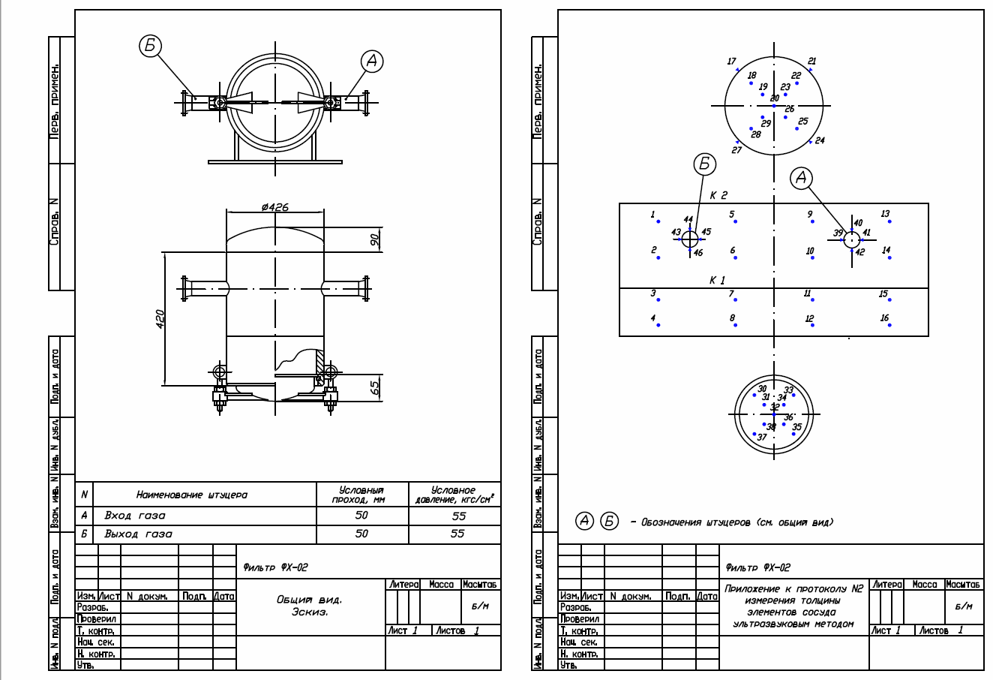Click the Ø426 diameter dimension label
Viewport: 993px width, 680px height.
275,207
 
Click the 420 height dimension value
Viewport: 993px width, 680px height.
160,318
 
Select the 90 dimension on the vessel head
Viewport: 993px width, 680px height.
374,239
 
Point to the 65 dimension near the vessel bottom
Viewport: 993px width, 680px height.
374,387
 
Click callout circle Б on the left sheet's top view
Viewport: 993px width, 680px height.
150,46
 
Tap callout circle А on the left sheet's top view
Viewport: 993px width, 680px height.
372,62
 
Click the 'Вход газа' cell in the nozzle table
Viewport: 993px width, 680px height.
135,516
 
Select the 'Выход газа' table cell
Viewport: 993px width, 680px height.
138,534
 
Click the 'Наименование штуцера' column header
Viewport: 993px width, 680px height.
191,495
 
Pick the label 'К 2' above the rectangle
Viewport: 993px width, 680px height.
718,195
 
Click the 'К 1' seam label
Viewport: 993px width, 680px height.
718,280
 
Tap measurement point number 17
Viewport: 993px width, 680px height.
732,62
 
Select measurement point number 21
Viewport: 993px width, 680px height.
811,62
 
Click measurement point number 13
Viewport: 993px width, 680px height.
885,215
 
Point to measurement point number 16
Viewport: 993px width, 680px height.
885,319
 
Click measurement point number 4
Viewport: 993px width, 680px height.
653,319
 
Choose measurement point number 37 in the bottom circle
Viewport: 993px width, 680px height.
761,437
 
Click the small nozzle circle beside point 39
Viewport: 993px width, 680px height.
851,239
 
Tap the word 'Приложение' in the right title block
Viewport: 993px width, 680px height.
750,589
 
